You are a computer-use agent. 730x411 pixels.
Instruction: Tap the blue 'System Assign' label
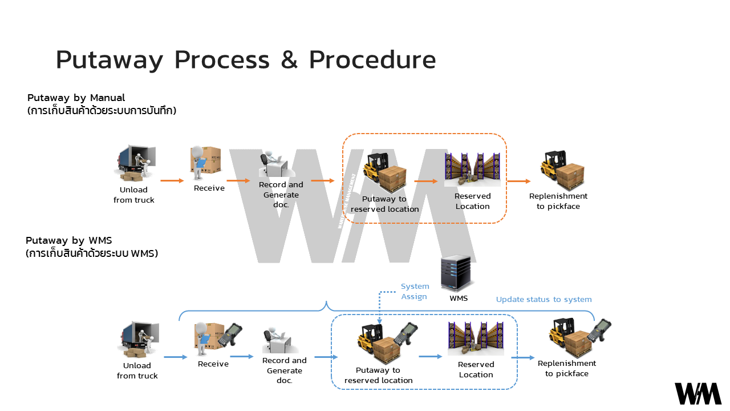[415, 291]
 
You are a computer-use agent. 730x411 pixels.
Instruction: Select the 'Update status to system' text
[544, 299]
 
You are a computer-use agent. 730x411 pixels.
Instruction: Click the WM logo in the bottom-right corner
[698, 394]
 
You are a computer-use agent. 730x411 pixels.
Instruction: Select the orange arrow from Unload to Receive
[172, 180]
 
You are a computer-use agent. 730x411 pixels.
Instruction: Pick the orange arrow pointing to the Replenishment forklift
[518, 182]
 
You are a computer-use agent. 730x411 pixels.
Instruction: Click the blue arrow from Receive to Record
[242, 357]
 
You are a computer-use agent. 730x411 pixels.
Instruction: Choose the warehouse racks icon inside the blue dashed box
[476, 339]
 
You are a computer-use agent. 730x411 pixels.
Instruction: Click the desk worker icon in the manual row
[273, 165]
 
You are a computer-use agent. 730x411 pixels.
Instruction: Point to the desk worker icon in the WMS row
[276, 341]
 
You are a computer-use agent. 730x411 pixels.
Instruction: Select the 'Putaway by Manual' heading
[76, 98]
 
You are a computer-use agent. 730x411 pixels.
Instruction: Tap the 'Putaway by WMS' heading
[68, 240]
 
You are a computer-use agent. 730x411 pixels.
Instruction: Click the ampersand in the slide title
[289, 60]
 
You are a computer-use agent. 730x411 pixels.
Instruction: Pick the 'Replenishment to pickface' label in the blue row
[566, 368]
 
